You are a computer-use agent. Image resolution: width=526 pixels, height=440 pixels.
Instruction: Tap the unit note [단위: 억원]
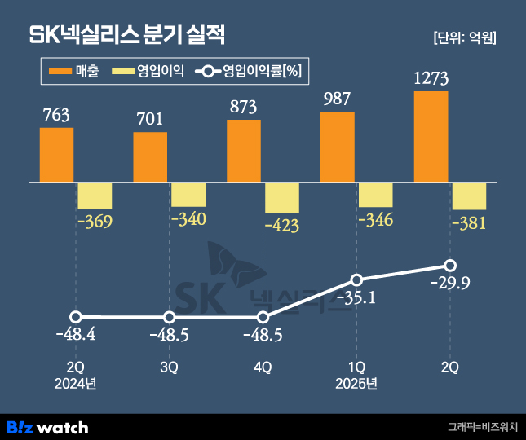pos(465,37)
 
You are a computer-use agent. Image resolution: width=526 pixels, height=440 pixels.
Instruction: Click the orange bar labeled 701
pos(150,156)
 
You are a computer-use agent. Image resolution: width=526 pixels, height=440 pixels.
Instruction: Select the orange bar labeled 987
pos(338,147)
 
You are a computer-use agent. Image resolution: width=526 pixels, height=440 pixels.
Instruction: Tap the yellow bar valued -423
pos(282,198)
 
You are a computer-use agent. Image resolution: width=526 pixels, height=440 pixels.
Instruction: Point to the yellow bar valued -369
pos(95,196)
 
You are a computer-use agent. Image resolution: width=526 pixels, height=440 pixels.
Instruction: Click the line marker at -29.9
pos(450,266)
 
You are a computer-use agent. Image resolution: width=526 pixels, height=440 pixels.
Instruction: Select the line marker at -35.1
pos(356,279)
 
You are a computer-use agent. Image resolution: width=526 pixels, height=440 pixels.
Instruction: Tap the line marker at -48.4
pos(76,317)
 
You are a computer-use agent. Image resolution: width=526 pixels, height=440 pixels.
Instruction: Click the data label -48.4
pos(76,335)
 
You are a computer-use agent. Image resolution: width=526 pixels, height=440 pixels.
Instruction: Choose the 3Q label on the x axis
pos(169,367)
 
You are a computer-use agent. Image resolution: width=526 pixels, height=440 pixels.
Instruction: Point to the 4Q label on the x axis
pos(263,367)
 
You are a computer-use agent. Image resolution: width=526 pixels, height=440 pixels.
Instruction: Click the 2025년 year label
pos(356,383)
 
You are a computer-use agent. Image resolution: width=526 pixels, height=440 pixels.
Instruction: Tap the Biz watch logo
pos(47,427)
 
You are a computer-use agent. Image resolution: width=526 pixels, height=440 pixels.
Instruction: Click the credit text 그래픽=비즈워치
pos(482,427)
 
